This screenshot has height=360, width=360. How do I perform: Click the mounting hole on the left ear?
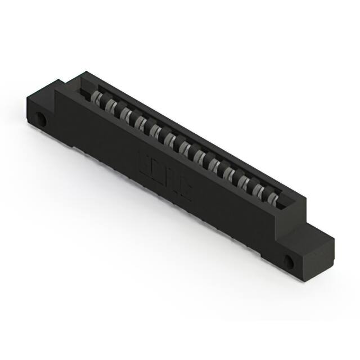tap(40, 119)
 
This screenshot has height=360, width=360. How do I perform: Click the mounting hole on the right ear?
tap(290, 262)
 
